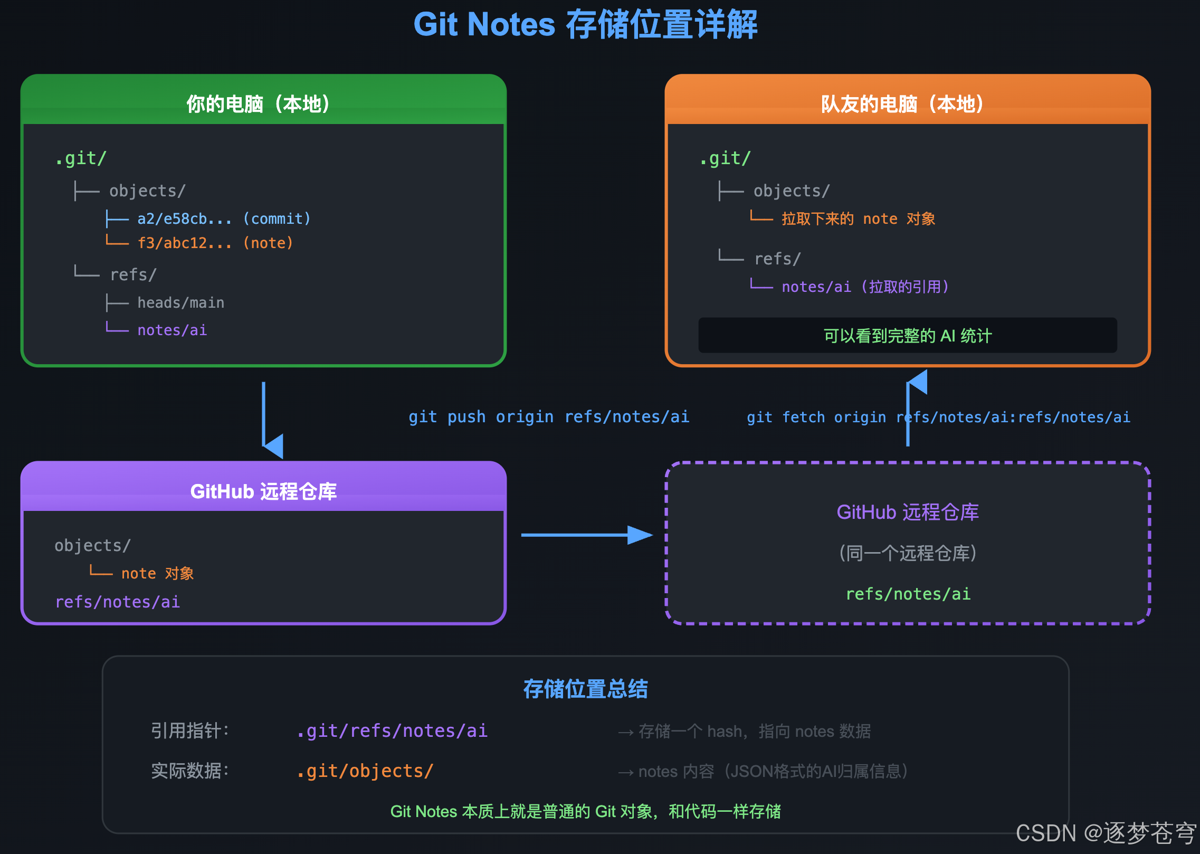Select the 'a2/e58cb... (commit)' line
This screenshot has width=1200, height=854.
(x=224, y=219)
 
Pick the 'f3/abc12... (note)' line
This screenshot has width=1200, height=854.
(x=215, y=243)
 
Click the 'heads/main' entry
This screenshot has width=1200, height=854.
(x=180, y=302)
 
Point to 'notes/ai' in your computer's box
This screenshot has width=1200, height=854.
(x=172, y=330)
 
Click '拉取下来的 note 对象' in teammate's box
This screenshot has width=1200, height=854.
(x=858, y=219)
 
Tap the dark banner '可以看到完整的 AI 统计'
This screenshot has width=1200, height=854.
(x=907, y=335)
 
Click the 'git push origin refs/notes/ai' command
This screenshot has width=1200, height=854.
(x=549, y=417)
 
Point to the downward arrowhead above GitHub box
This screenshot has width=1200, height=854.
(x=274, y=447)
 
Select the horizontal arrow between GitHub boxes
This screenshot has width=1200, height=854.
(x=586, y=535)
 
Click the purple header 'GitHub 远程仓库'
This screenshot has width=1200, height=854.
(x=263, y=491)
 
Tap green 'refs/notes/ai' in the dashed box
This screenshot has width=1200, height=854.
(x=908, y=594)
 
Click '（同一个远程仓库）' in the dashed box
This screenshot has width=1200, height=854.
(x=908, y=553)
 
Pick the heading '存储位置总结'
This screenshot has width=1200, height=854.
(x=585, y=689)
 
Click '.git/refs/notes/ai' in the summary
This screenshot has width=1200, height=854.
(x=392, y=730)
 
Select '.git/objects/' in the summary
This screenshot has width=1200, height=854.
(x=365, y=771)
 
